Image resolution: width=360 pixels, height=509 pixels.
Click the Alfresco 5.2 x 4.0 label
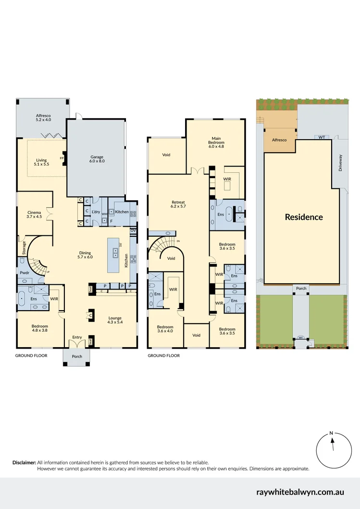point(43,118)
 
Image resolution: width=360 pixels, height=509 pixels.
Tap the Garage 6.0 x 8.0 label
point(97,159)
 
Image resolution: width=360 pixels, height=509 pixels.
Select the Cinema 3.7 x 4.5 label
point(34,214)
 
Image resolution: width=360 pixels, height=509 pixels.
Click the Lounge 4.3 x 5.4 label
point(115,320)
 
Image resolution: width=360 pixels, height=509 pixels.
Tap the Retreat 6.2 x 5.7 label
point(178,204)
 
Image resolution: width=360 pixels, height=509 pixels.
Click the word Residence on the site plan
point(304,217)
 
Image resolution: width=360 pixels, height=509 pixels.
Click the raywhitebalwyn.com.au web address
point(300,492)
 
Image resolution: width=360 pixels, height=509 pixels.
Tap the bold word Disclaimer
point(24,462)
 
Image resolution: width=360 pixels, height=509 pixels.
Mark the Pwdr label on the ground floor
point(24,272)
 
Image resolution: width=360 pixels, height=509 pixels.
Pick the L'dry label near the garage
point(96,212)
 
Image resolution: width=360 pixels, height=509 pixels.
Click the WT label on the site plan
point(322,137)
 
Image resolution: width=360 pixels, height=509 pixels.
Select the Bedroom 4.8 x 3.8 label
point(40,328)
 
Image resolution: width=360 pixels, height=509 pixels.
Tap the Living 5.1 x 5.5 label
point(44,162)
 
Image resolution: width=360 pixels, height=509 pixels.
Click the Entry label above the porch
point(77,338)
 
